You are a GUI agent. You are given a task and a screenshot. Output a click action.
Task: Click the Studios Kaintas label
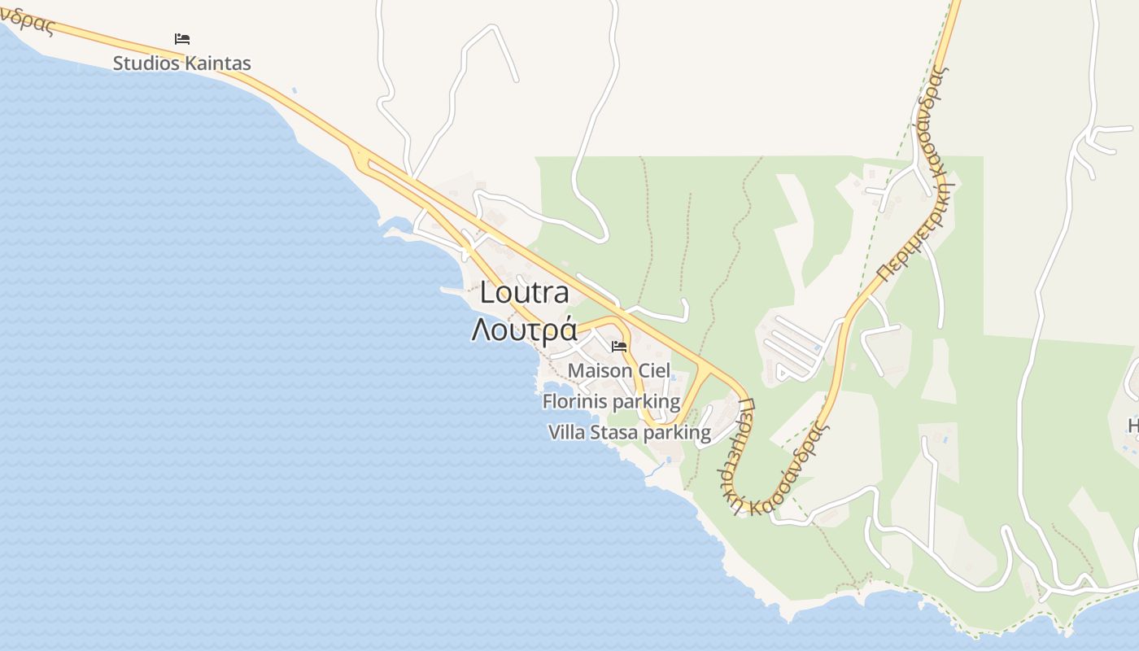coord(181,63)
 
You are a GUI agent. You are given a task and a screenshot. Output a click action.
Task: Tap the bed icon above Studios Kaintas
coord(182,38)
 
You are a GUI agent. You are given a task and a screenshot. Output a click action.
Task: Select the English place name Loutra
coord(524,292)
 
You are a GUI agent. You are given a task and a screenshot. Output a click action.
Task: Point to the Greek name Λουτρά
coord(524,330)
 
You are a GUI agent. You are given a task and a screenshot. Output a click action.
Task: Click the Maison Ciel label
coord(618,371)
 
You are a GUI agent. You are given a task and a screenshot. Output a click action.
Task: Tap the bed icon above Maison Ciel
coord(619,347)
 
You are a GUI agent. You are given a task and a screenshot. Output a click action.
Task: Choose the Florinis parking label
coord(611,401)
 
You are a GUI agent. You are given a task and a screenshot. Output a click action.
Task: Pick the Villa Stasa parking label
coord(630,432)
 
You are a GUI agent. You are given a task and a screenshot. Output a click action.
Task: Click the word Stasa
coord(613,432)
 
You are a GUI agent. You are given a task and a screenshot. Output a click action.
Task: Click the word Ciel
coord(654,371)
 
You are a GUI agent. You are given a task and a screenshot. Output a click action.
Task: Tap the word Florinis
coord(574,401)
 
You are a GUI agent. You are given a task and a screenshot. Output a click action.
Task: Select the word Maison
coord(600,371)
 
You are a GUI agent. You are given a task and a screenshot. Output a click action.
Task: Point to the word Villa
coord(566,432)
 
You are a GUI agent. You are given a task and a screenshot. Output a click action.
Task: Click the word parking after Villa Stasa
coord(677,433)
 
